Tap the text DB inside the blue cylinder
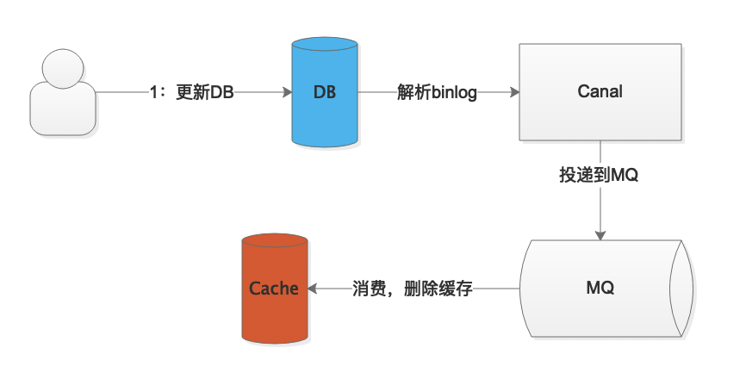[324, 92]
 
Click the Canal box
[600, 92]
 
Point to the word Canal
[600, 91]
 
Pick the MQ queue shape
[602, 288]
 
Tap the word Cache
[273, 289]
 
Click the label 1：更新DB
[190, 92]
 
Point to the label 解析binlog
[437, 92]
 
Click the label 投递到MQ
[599, 175]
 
